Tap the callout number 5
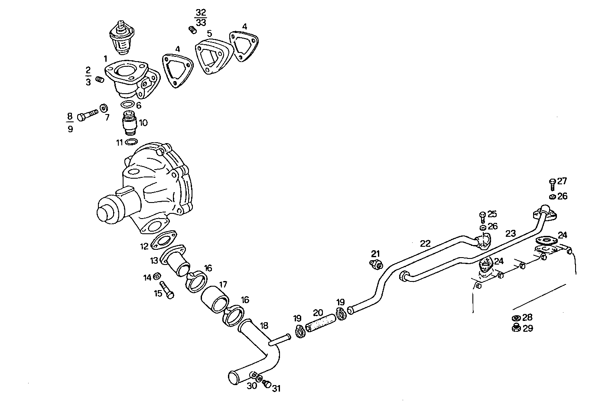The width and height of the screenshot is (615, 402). coord(209,33)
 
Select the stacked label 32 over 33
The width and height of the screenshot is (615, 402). coord(201,17)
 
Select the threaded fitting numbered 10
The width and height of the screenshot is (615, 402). coord(130,123)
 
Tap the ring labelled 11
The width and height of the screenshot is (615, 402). coord(131,142)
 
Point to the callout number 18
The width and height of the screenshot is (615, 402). coord(264,326)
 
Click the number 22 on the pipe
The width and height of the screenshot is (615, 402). coord(425,243)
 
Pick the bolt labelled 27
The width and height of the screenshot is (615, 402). coord(552,184)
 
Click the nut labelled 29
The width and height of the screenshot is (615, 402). coord(516,327)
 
